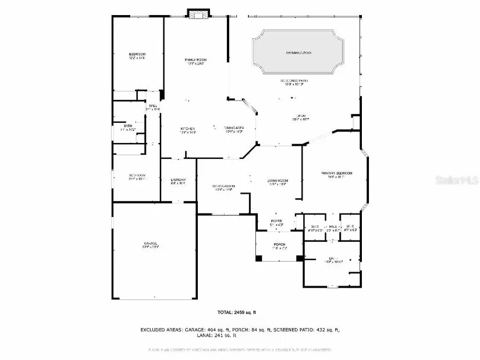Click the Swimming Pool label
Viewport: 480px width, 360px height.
[298, 53]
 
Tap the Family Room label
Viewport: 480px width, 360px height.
[195, 60]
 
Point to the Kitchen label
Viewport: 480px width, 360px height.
[187, 129]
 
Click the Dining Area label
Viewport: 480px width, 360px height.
[234, 128]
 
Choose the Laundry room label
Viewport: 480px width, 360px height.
[178, 180]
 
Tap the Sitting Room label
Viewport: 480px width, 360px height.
[223, 186]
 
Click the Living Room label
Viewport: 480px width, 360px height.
[278, 181]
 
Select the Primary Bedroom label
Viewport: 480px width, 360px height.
[337, 173]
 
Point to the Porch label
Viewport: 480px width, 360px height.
[279, 244]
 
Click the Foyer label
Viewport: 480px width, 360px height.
[276, 221]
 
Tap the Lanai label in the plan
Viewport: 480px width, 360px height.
[301, 116]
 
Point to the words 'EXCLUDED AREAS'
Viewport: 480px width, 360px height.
[161, 330]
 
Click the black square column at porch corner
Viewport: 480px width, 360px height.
[299, 258]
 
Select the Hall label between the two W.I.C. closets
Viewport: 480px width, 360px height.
[333, 227]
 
